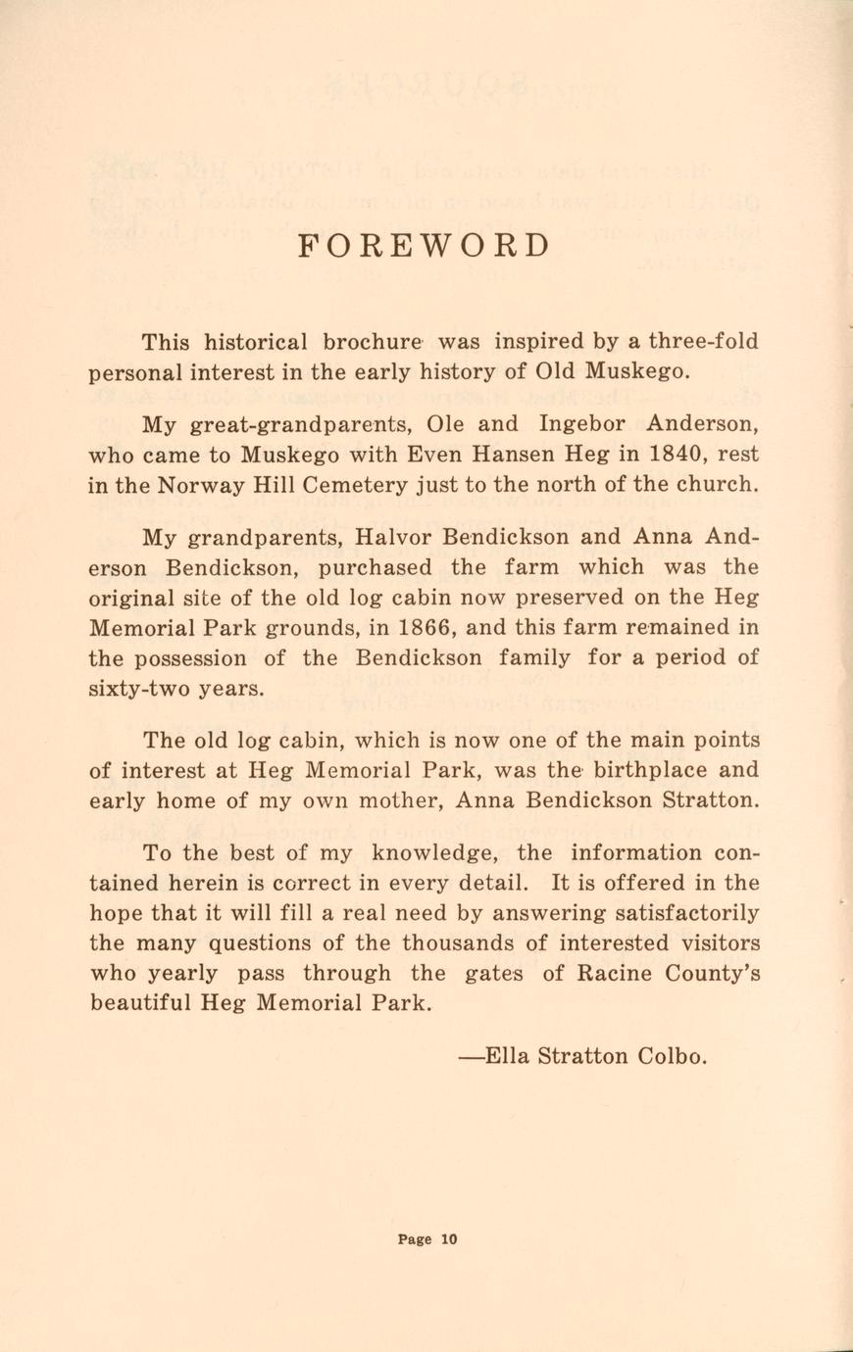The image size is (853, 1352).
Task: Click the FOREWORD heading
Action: click(424, 245)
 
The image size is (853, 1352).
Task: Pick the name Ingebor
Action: click(583, 425)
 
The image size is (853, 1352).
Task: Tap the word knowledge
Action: click(436, 852)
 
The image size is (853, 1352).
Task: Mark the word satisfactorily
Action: click(686, 913)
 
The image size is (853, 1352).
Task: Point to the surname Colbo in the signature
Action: click(671, 1057)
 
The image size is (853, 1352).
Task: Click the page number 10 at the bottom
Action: click(448, 1239)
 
